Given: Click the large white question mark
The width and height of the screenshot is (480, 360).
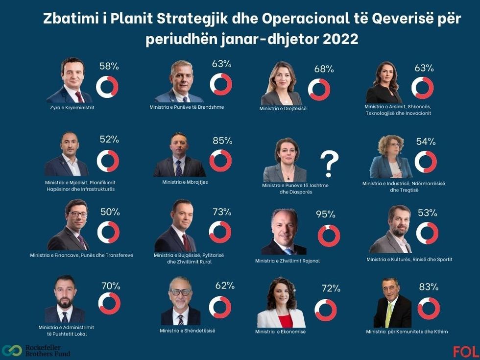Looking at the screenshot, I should coord(329,164).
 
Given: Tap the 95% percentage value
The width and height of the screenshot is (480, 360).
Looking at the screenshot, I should coord(325,214).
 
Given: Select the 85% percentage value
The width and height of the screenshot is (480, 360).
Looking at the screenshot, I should coord(222,141).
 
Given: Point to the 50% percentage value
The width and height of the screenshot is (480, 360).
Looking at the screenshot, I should coord(110,212).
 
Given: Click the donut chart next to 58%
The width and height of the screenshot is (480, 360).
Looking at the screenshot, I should coord(107,86).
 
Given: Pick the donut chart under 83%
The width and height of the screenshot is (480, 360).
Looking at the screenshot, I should coord(428,308).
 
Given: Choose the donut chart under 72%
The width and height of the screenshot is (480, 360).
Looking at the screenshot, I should coord(325,310).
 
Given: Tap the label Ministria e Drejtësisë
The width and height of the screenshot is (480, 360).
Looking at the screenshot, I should coord(283,108).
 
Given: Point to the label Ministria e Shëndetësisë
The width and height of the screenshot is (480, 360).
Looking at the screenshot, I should coord(187,331).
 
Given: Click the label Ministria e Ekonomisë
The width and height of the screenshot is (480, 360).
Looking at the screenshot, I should coord(280,332).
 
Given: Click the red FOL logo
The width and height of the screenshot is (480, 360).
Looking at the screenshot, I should coord(465,352).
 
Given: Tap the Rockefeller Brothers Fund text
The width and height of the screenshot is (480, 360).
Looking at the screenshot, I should coord(48,351).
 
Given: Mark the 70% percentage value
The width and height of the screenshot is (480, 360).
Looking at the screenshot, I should coord(110,286).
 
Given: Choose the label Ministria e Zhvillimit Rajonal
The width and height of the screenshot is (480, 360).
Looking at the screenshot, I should coord(287,261).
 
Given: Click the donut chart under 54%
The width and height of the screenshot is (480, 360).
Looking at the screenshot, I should coord(426,162).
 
